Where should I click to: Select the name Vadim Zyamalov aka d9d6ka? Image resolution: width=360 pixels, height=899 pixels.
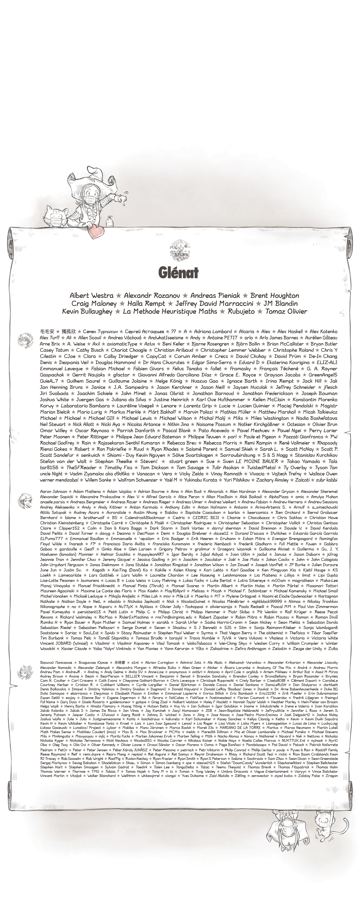[100, 474]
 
